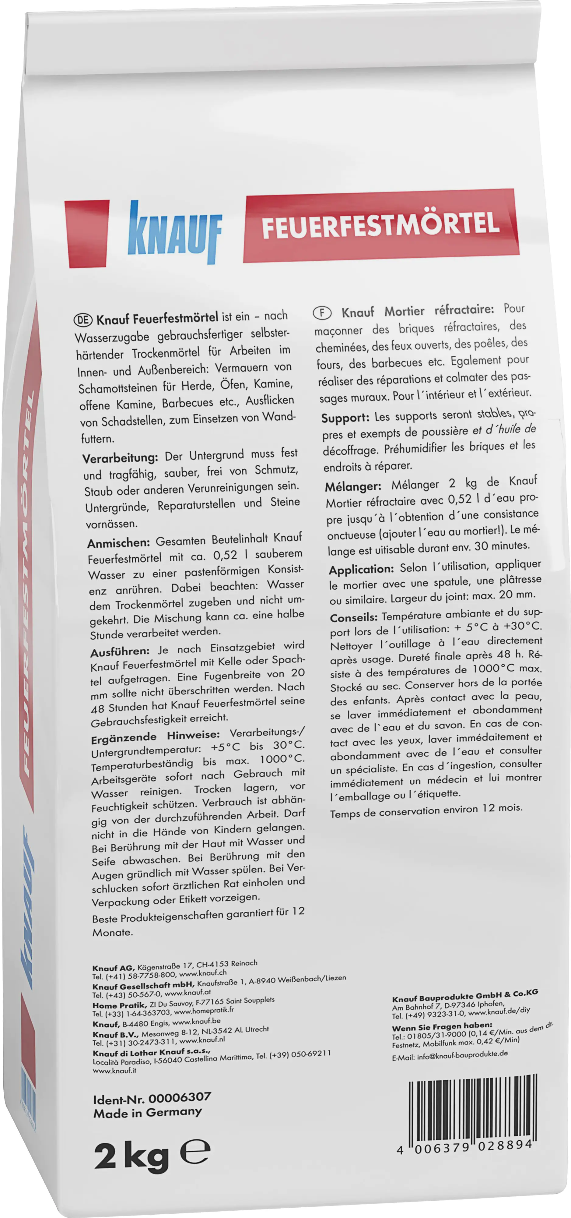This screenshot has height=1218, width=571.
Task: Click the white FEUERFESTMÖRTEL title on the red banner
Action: pos(380,225)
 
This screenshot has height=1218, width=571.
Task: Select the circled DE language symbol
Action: pos(83,320)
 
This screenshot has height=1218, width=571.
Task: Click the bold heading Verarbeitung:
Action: pos(120,458)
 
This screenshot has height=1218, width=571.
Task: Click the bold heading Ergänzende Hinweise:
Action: pos(155,737)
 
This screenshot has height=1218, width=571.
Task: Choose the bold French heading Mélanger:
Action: pos(353,486)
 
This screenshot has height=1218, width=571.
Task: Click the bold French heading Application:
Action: pos(361,569)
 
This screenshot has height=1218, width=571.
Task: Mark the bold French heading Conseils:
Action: pos(354,617)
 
